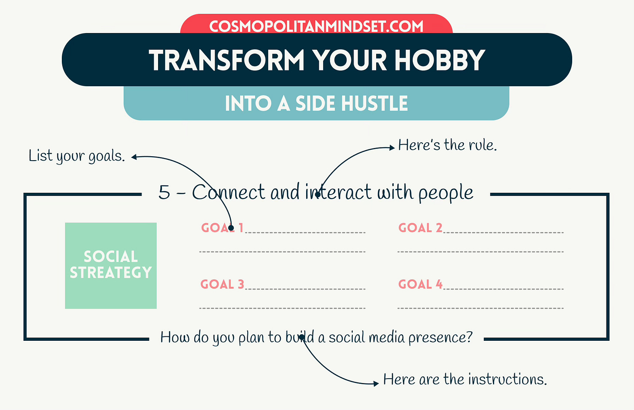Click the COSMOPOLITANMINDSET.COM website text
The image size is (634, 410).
tap(316, 26)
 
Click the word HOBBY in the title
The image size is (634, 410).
tap(439, 60)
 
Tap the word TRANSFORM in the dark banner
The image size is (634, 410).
tap(226, 60)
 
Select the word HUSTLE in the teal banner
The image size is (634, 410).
tap(374, 104)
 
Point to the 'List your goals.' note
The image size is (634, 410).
tap(77, 156)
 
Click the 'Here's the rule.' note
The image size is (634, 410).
tap(447, 145)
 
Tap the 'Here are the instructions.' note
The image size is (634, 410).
tap(465, 380)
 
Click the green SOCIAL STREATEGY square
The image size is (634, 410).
tap(111, 265)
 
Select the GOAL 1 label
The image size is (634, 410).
tap(222, 228)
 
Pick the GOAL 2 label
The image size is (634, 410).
tap(420, 228)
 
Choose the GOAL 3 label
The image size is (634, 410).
tap(222, 284)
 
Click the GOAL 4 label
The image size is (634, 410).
tap(420, 284)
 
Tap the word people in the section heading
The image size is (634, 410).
tap(445, 193)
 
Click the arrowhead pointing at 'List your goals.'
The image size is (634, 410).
tap(135, 157)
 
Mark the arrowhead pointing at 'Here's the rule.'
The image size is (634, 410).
tap(392, 148)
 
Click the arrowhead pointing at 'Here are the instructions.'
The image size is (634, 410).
tap(376, 383)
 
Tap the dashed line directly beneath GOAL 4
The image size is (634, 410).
tap(480, 308)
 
